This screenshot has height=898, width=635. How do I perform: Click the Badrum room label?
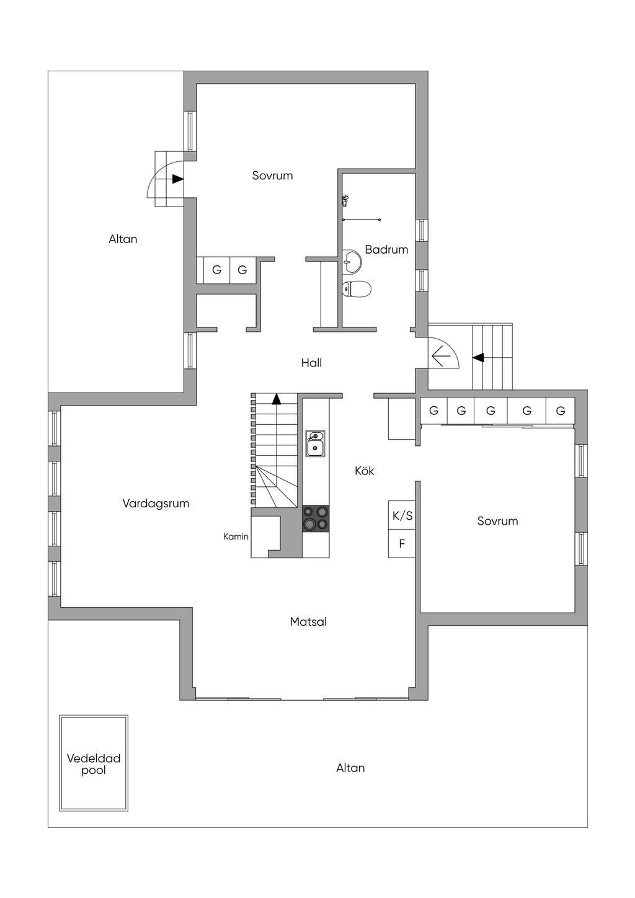point(386,249)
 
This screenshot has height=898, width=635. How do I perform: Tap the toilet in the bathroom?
point(357,288)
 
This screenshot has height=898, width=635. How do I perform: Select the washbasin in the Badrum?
point(352,260)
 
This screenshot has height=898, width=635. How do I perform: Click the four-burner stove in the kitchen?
point(316,518)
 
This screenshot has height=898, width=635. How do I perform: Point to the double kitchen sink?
point(316,443)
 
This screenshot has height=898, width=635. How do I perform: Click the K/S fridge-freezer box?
point(402,515)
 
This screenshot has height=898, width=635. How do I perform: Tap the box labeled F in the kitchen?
point(402,544)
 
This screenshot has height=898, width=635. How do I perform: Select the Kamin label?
point(236,536)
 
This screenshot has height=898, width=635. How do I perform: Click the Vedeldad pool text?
point(94,764)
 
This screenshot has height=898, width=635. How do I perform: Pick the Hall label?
point(311,363)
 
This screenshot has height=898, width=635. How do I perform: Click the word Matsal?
point(308,622)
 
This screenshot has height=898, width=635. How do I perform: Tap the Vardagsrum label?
point(156,504)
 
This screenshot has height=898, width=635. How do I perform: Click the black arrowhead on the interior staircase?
point(276,399)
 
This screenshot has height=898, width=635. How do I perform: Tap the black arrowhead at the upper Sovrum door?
point(177,179)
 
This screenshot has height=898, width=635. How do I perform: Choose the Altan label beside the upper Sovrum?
point(123,239)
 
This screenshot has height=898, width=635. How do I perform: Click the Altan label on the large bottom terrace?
point(350,768)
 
